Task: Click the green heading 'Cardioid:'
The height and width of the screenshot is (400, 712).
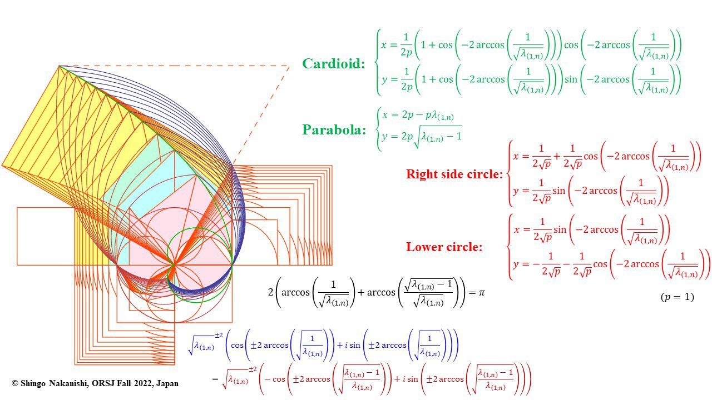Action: [x=333, y=63]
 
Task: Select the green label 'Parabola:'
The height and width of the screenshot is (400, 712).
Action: [x=334, y=129]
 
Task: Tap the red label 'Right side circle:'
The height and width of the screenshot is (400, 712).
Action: [x=454, y=174]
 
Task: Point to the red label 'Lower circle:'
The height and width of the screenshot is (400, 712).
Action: [x=444, y=247]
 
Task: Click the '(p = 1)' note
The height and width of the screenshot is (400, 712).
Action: [x=678, y=297]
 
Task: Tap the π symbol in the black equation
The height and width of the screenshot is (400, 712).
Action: [x=482, y=292]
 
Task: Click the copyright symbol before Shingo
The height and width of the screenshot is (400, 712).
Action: [x=15, y=383]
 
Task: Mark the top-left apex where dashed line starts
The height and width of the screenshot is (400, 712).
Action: [x=59, y=66]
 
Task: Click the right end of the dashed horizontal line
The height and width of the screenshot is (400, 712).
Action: [x=289, y=66]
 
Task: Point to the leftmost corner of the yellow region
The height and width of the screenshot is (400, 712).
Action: [x=2, y=166]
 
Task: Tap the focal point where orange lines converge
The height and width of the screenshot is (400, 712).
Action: [x=174, y=264]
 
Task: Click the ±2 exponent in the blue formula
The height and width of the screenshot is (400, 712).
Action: [x=219, y=335]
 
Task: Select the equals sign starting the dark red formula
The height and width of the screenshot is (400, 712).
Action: [x=215, y=378]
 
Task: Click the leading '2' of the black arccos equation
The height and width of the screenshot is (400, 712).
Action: [x=270, y=292]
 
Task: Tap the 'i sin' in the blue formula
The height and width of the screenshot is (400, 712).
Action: [x=353, y=345]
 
